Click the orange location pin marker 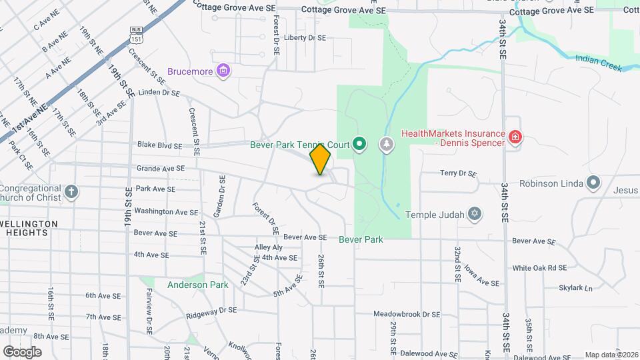(x=321, y=159)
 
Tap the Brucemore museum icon (x=224, y=71)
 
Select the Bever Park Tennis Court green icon (x=360, y=144)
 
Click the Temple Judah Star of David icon (x=474, y=215)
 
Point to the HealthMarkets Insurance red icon (x=515, y=138)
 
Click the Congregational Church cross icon (x=72, y=193)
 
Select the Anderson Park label (x=198, y=285)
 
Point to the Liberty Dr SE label (x=305, y=38)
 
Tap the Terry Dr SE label (x=459, y=173)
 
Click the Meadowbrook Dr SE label (x=407, y=314)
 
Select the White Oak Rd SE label (x=539, y=268)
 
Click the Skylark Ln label (x=575, y=289)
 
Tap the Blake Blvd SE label (x=159, y=145)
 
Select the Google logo (x=22, y=351)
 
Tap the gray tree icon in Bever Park (x=387, y=144)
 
